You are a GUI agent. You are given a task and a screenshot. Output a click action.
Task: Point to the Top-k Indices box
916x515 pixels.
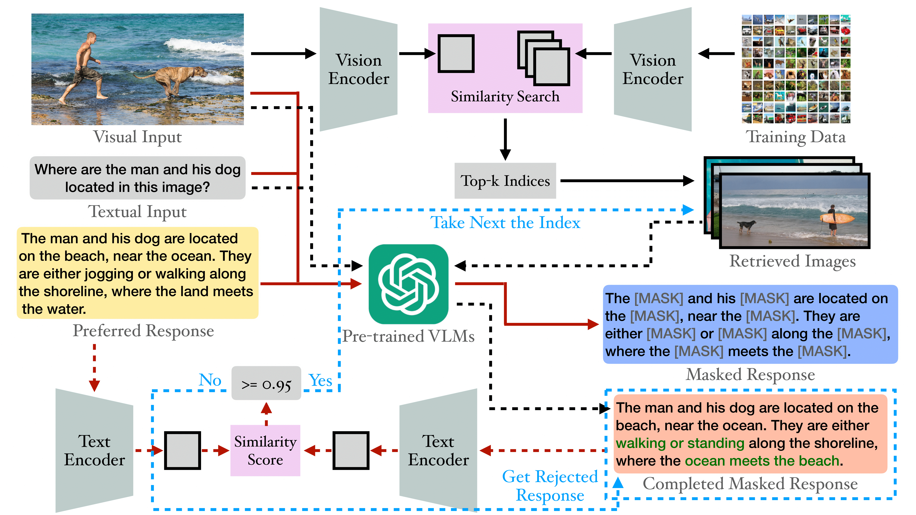coord(505,181)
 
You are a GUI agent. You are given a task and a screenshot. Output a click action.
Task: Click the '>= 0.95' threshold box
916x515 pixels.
coord(266,384)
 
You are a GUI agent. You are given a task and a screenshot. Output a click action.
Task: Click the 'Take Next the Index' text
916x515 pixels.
coord(505,223)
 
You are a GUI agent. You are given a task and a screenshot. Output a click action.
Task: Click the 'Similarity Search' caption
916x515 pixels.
coord(505,96)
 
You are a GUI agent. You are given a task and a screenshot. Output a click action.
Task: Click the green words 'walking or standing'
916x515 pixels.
coord(680,443)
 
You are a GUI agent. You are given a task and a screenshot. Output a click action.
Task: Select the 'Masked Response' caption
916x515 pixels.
coord(750,375)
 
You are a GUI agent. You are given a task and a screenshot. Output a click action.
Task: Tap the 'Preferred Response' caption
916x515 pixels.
coord(143,331)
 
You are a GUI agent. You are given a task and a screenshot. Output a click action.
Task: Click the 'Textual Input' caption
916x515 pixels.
coord(137,212)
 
